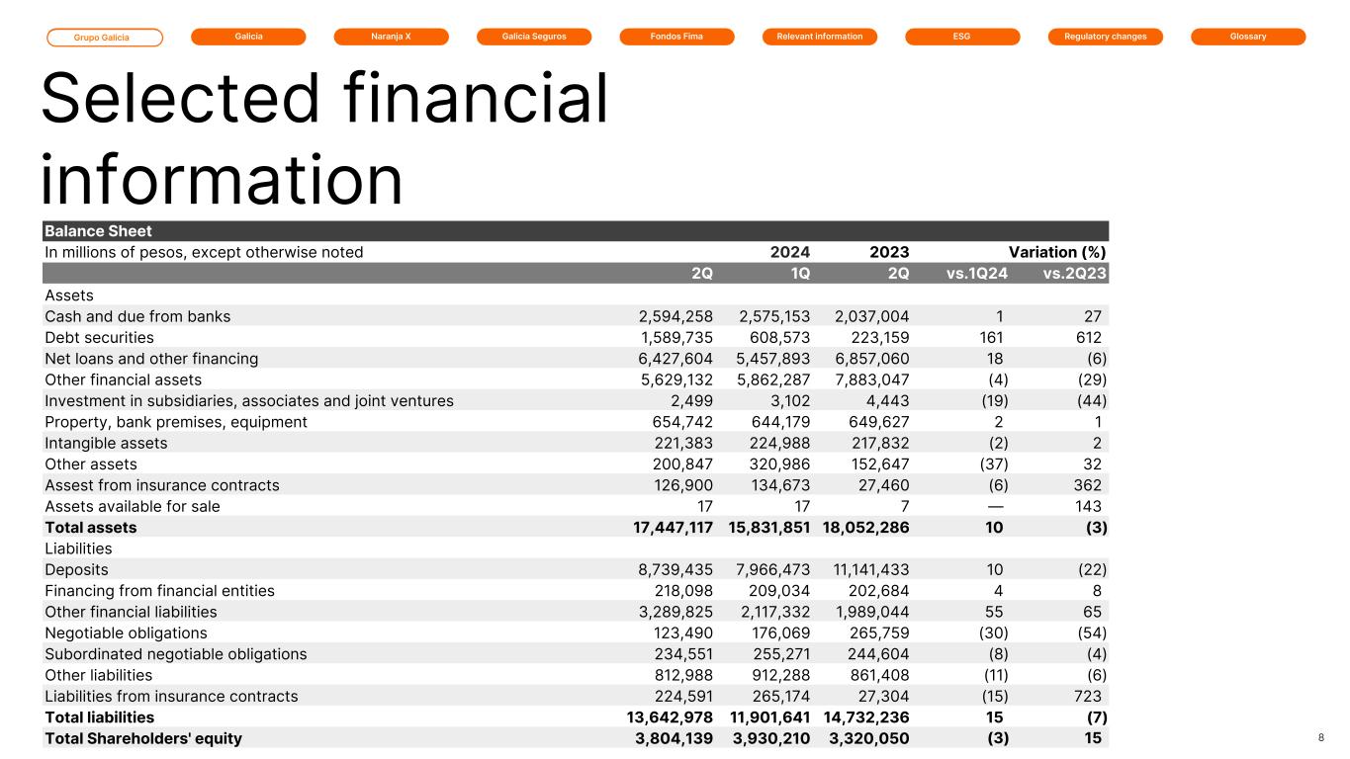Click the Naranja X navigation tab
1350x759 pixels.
391,37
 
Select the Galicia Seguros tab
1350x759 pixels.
534,37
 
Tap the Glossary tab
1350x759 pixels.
1248,37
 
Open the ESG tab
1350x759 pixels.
962,37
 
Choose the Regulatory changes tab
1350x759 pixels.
1105,37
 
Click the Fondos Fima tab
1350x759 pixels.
676,37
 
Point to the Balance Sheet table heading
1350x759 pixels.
98,231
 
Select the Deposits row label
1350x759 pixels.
76,569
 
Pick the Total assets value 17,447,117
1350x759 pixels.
659,528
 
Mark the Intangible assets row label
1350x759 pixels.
106,443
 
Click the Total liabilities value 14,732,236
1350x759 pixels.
865,717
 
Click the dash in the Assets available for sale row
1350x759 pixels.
995,506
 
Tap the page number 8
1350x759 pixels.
1321,738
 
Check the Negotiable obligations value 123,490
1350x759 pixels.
675,632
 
